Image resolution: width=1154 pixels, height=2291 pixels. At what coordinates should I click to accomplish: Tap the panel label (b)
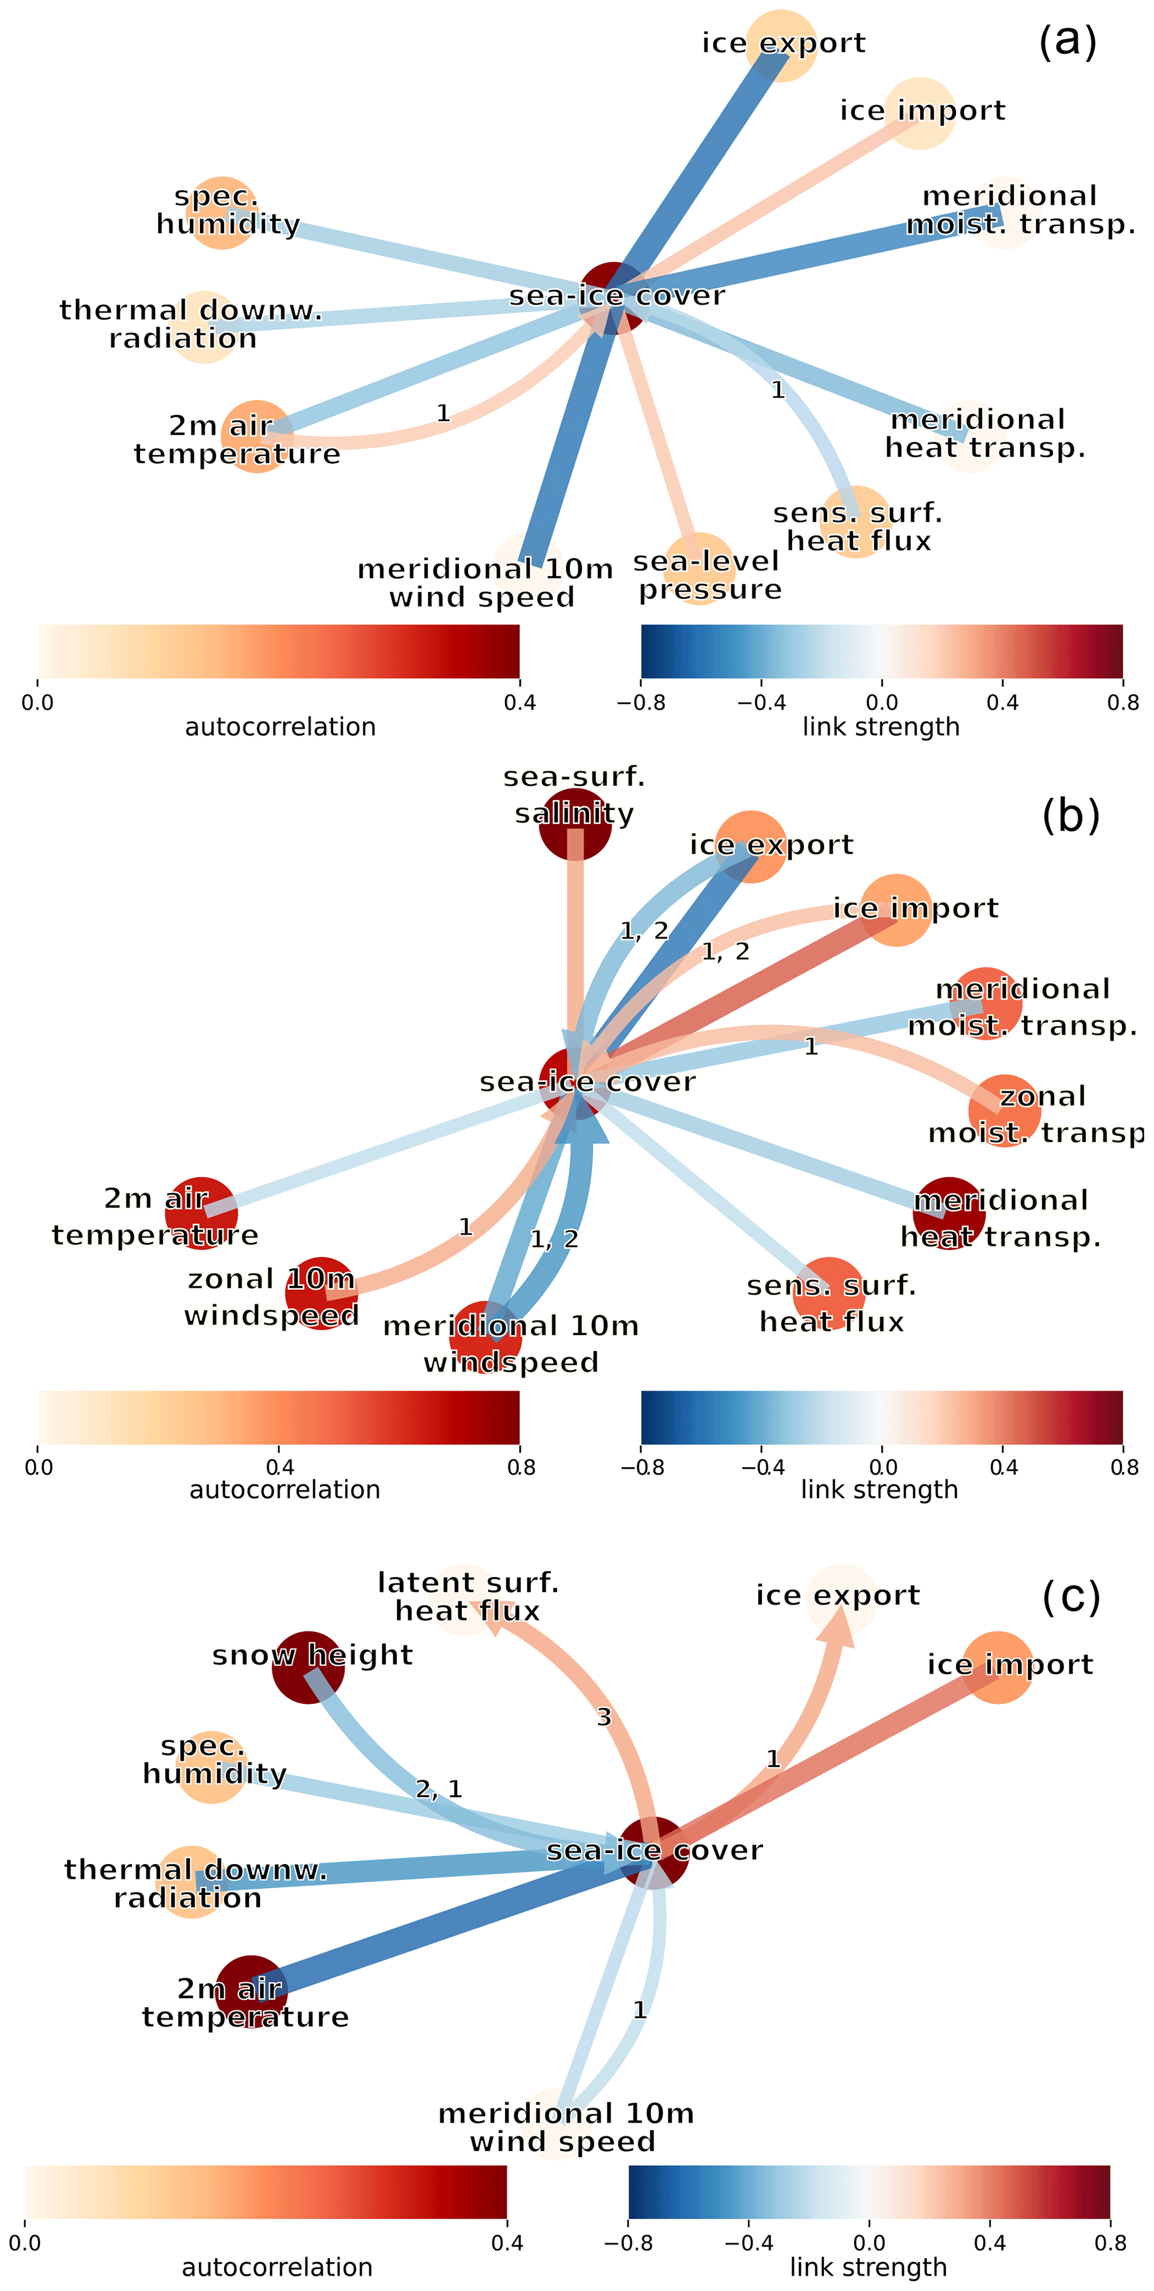click(x=1070, y=815)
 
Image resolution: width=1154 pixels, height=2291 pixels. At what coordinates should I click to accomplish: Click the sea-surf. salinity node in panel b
click(x=576, y=824)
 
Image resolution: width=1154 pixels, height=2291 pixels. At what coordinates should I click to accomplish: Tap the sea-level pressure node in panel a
click(x=700, y=569)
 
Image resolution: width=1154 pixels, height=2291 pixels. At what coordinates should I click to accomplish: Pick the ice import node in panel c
click(x=998, y=1668)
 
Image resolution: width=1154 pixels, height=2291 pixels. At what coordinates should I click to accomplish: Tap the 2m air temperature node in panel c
click(x=251, y=1991)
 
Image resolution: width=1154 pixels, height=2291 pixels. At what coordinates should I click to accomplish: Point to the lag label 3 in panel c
click(x=604, y=1717)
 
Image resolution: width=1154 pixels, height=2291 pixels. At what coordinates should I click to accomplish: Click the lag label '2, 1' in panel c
click(x=439, y=1789)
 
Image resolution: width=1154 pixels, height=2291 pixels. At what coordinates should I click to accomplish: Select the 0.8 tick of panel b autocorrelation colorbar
click(x=521, y=1467)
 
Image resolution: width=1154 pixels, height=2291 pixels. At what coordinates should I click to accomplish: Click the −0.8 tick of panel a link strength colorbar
click(x=640, y=703)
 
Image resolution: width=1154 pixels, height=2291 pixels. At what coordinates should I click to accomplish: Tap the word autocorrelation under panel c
click(x=277, y=2267)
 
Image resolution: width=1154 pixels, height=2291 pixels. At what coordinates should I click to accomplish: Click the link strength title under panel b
click(x=879, y=1489)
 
